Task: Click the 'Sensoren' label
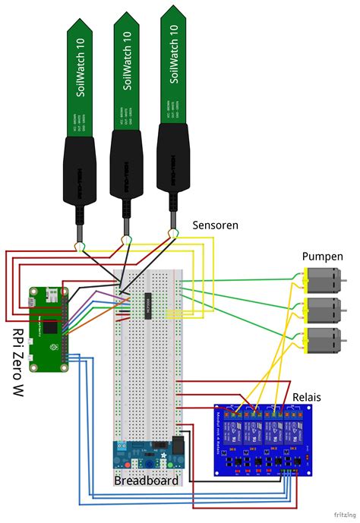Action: pyautogui.click(x=216, y=225)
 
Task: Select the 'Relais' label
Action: pyautogui.click(x=308, y=398)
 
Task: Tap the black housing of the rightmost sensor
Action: pyautogui.click(x=173, y=159)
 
